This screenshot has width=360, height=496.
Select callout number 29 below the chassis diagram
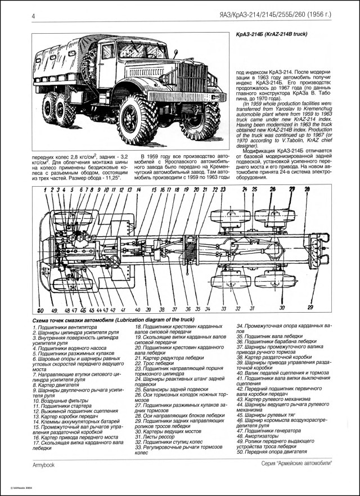[x=309, y=307]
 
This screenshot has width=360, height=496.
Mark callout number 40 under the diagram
[x=138, y=310]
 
